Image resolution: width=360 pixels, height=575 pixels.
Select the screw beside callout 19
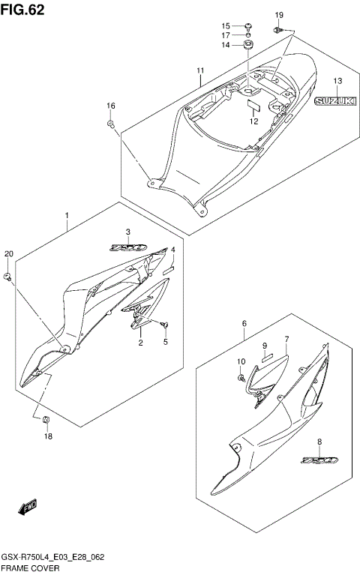pyautogui.click(x=277, y=30)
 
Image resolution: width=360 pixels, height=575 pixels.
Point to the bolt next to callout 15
pyautogui.click(x=247, y=25)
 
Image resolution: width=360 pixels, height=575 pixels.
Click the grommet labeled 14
pyautogui.click(x=247, y=46)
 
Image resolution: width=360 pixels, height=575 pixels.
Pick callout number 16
pyautogui.click(x=110, y=106)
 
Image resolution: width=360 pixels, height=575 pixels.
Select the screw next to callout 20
pyautogui.click(x=8, y=277)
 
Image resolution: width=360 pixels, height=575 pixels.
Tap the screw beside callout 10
pyautogui.click(x=241, y=379)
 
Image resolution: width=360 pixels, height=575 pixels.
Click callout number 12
pyautogui.click(x=253, y=121)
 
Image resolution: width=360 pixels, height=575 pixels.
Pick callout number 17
pyautogui.click(x=226, y=35)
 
